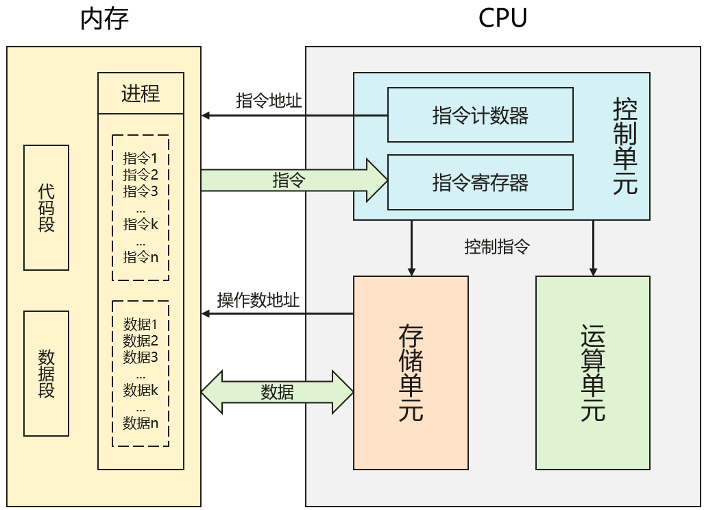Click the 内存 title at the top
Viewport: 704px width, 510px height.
click(x=104, y=19)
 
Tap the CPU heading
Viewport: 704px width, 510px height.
click(x=502, y=19)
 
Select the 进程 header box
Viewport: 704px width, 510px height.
click(x=141, y=93)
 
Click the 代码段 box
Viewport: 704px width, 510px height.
click(x=47, y=207)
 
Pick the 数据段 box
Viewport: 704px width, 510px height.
click(x=47, y=374)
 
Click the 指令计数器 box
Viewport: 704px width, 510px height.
click(x=480, y=115)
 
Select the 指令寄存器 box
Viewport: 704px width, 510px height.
click(x=480, y=182)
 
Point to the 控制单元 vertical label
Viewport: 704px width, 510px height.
click(x=624, y=146)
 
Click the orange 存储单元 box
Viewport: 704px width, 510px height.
click(x=411, y=373)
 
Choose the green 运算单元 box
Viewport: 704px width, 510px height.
click(x=593, y=373)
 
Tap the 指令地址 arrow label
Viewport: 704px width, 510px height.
click(x=269, y=101)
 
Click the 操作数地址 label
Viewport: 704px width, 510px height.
click(x=258, y=300)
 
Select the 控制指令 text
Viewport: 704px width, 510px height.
click(x=497, y=247)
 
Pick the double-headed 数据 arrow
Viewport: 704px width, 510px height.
click(x=277, y=392)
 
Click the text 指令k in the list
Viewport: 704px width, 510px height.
click(x=141, y=224)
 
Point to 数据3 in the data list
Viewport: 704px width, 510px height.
click(x=141, y=357)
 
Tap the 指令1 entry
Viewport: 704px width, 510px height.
click(x=141, y=158)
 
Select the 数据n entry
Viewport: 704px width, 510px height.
click(x=141, y=423)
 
